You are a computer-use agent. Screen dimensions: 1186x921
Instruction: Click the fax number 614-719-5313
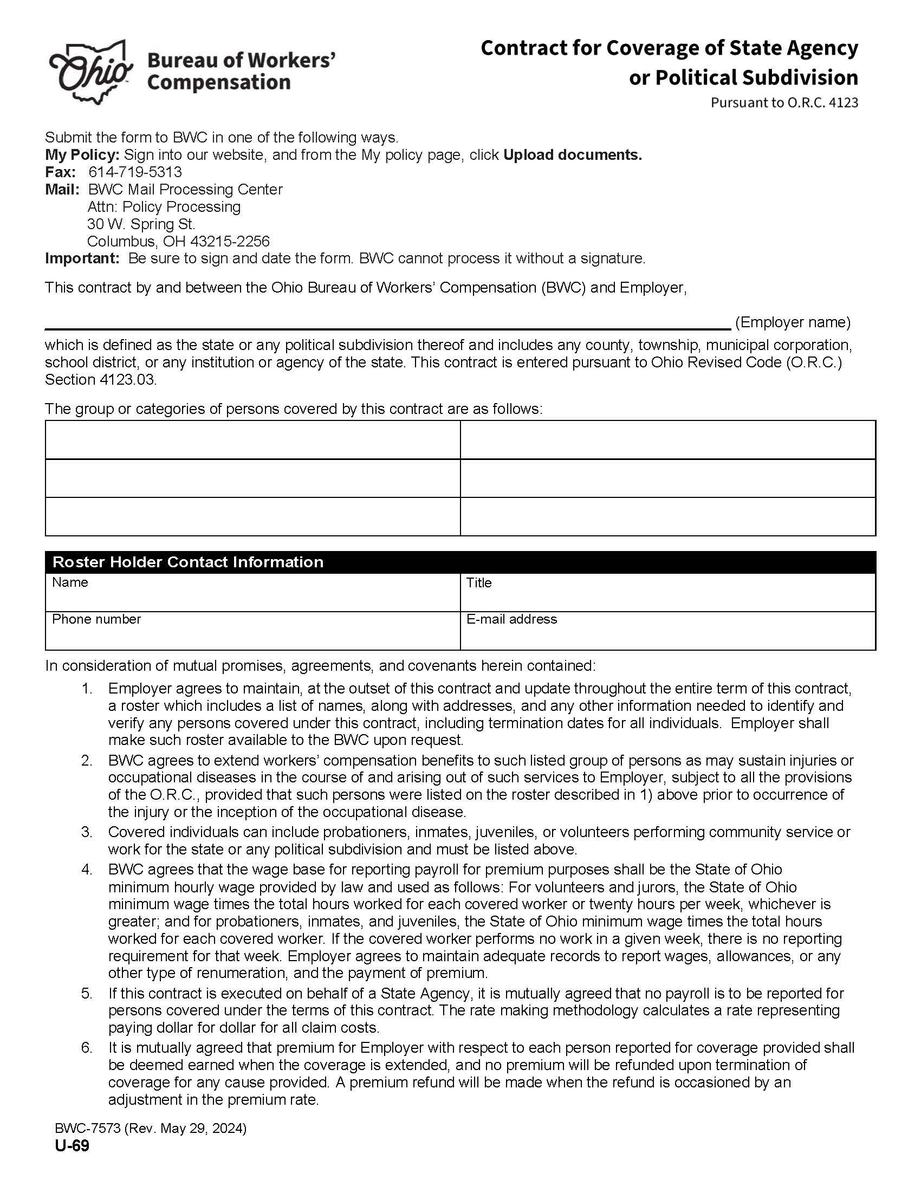pyautogui.click(x=135, y=172)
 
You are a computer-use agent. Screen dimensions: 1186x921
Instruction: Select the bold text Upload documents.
pyautogui.click(x=572, y=155)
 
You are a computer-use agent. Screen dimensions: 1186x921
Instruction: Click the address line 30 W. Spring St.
pyautogui.click(x=141, y=224)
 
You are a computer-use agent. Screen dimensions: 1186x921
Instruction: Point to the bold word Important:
pyautogui.click(x=82, y=258)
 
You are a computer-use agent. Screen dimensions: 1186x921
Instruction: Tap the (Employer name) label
pyautogui.click(x=792, y=322)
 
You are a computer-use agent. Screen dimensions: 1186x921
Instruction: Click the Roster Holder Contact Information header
pyautogui.click(x=188, y=562)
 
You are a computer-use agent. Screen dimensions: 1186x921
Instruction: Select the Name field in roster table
pyautogui.click(x=252, y=593)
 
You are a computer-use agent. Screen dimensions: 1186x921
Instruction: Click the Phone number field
pyautogui.click(x=252, y=631)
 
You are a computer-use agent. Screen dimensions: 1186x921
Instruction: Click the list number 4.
pyautogui.click(x=87, y=870)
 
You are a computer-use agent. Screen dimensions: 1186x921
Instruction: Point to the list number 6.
pyautogui.click(x=87, y=1047)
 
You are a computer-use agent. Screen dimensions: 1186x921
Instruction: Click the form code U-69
pyautogui.click(x=72, y=1146)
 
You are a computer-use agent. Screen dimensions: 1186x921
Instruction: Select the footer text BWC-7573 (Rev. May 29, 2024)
pyautogui.click(x=151, y=1129)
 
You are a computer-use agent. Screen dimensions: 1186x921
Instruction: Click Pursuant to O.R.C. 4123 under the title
pyautogui.click(x=784, y=102)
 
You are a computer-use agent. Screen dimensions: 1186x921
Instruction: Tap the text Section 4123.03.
pyautogui.click(x=100, y=380)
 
